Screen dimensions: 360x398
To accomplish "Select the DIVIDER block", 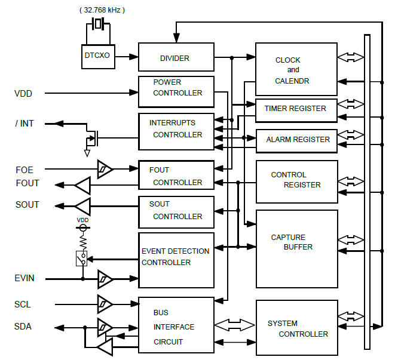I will point(176,58).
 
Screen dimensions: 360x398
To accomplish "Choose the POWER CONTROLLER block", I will point(176,88).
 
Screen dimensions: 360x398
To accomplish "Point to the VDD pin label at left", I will point(24,93).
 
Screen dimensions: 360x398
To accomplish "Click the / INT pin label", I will point(25,124).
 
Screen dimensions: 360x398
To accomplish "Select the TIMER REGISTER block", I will point(295,109).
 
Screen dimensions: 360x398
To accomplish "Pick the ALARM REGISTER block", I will point(297,139).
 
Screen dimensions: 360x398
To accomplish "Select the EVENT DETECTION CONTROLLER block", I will point(176,257).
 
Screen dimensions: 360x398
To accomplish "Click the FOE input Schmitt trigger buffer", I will point(105,170).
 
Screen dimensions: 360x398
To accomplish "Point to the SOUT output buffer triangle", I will point(82,206).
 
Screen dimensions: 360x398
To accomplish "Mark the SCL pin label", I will point(23,304).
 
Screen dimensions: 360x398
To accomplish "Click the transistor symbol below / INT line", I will point(91,140).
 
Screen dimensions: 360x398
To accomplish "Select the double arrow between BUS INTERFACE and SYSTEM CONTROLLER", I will point(234,325).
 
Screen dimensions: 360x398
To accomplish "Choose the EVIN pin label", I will point(25,278).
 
